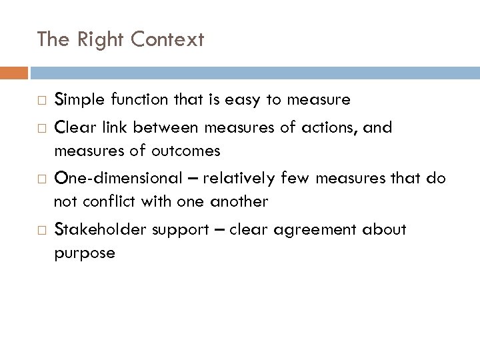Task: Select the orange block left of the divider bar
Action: pos(14,72)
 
